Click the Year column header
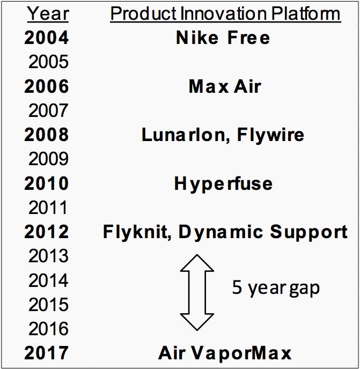click(x=48, y=13)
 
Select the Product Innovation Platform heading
click(x=225, y=13)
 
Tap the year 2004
click(x=46, y=38)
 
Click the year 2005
click(x=48, y=62)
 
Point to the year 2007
click(x=48, y=110)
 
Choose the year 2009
click(x=48, y=159)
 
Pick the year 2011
click(x=48, y=208)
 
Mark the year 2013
click(x=48, y=256)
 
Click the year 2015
click(x=48, y=304)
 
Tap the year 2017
click(x=46, y=353)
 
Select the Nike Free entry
click(x=223, y=38)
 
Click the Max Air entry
click(x=225, y=86)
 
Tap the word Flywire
click(x=270, y=136)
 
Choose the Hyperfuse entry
click(x=223, y=184)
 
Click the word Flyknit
click(x=137, y=232)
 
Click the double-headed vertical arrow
click(x=197, y=292)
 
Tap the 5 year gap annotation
click(x=276, y=288)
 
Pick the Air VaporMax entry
click(x=225, y=353)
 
